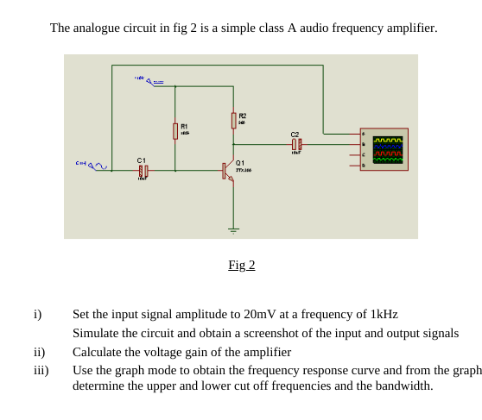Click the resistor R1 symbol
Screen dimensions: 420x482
coord(175,130)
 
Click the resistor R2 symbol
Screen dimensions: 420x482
coord(233,120)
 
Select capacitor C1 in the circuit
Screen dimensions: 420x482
coord(143,171)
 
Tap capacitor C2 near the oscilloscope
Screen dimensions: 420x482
coord(296,145)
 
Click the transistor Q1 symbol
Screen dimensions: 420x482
coord(228,170)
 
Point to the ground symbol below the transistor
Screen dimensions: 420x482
coord(233,229)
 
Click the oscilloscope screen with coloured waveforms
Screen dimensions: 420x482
coord(388,150)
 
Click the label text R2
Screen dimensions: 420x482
coord(243,116)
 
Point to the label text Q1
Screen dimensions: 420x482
coord(240,162)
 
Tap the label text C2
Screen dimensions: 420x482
coord(295,135)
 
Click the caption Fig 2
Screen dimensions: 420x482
coord(241,265)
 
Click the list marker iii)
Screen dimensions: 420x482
coord(41,370)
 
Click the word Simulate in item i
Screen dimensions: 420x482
coord(98,333)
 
